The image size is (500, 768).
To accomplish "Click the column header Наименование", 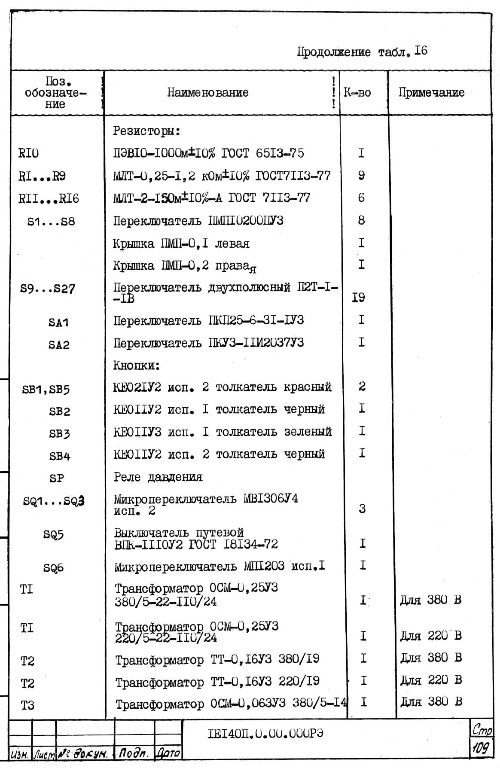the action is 208,92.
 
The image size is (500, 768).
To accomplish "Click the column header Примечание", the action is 431,92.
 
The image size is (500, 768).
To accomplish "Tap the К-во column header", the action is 357,92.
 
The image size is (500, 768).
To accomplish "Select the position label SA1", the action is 58,323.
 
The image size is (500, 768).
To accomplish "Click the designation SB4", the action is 59,456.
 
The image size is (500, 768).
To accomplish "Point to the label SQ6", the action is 53,568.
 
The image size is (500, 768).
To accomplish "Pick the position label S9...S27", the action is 47,289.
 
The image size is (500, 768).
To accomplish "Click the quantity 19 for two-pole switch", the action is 358,297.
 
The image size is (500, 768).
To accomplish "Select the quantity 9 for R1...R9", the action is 361,175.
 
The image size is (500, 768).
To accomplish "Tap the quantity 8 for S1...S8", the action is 361,220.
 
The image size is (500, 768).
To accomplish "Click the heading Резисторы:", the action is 146,131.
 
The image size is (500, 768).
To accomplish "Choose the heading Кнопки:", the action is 137,366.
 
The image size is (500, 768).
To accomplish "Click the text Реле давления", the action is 158,477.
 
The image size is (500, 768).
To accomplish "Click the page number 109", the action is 481,748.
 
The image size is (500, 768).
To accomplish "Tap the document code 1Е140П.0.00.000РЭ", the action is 265,733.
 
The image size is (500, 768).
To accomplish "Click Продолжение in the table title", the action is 334,52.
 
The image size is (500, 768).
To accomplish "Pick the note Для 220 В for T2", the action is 431,680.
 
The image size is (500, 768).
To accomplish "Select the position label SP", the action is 56,478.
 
